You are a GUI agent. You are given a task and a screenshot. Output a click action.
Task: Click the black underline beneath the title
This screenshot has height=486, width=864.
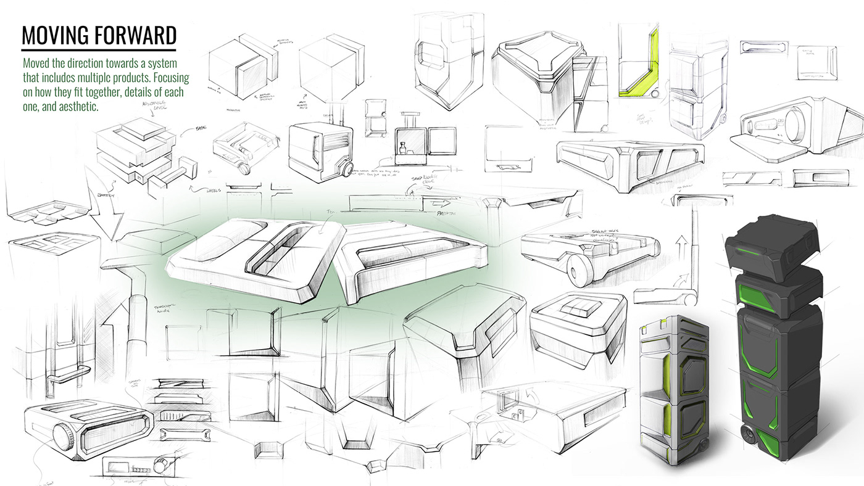(99, 49)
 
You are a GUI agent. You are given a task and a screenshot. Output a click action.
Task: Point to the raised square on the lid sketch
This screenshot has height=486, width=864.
(576, 306)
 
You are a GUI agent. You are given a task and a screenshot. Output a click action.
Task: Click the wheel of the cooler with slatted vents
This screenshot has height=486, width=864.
(346, 170)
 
